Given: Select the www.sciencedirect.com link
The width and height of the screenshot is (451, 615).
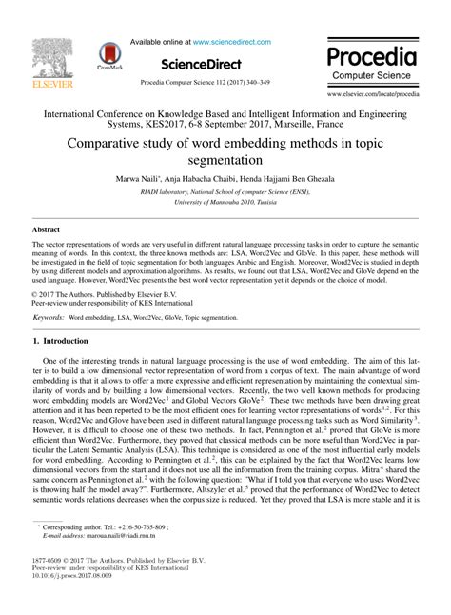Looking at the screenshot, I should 231,42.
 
